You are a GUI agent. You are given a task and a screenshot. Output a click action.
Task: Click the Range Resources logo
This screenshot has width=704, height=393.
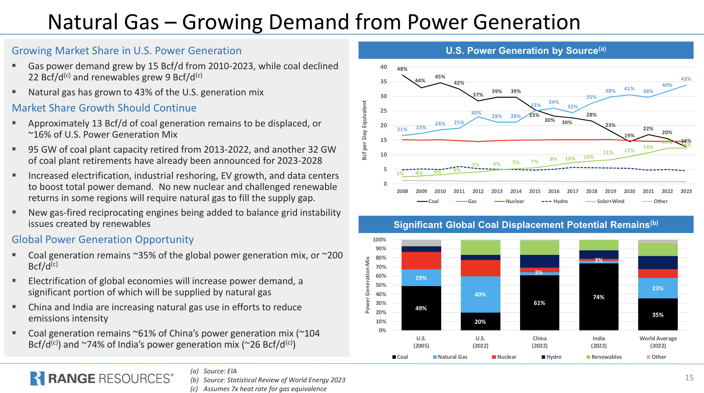pos(102,378)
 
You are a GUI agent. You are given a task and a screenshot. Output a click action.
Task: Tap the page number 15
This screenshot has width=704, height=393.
pos(689,378)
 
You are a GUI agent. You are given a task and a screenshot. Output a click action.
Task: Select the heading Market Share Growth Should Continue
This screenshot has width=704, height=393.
pos(104,108)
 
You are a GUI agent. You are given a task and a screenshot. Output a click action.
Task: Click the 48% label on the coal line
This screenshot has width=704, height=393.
pos(402,69)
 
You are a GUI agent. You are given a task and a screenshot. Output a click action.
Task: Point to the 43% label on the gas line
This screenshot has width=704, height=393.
pos(686,79)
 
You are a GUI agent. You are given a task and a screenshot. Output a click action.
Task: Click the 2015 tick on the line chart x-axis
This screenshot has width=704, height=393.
pos(534,191)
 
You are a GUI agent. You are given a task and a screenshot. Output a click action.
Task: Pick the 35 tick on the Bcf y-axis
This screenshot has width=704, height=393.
pos(384,82)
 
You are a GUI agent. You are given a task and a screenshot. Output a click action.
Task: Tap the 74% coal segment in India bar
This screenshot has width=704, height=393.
pos(599,297)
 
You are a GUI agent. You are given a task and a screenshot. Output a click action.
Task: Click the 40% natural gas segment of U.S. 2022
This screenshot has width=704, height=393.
pos(480,295)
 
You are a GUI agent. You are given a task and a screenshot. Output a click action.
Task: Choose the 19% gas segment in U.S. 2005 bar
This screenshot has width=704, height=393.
pos(421,278)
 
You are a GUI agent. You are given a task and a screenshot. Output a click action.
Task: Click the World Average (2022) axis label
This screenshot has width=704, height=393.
pos(658,342)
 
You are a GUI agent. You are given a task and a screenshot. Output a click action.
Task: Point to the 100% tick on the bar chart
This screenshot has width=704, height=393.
pos(379,240)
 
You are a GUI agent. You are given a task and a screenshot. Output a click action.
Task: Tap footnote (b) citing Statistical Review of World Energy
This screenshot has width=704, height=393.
pos(268,380)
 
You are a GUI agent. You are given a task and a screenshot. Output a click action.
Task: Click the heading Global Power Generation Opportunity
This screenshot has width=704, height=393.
pos(103,240)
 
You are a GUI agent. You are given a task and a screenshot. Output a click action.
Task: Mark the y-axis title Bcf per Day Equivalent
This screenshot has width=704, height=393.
pos(364,130)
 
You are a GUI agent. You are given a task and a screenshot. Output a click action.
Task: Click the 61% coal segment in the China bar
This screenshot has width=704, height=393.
pos(539,303)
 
